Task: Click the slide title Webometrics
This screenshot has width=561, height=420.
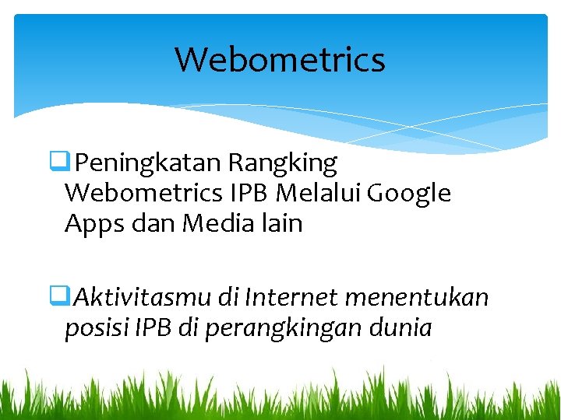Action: coord(280,59)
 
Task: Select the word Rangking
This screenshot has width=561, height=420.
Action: coord(283,163)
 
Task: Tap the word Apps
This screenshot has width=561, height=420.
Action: coord(92,224)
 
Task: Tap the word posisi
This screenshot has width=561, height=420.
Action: coord(96,328)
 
